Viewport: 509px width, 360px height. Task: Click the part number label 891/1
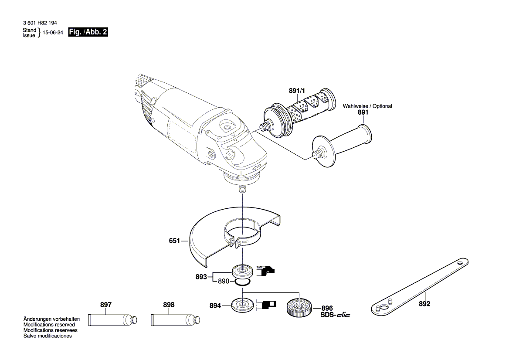(297, 91)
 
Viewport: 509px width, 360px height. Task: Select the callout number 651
(175, 240)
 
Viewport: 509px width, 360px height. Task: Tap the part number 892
(424, 304)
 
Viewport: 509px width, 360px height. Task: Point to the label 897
(106, 305)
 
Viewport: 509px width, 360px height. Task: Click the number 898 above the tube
(169, 305)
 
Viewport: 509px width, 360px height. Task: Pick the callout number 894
(215, 306)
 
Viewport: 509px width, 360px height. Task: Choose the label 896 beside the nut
(327, 308)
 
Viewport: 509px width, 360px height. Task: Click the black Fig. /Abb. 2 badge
(88, 32)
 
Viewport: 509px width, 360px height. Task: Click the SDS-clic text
(335, 315)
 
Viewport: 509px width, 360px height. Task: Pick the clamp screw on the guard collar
(237, 243)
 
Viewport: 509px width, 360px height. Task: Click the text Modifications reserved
(49, 325)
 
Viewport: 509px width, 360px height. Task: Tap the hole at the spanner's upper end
(460, 263)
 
